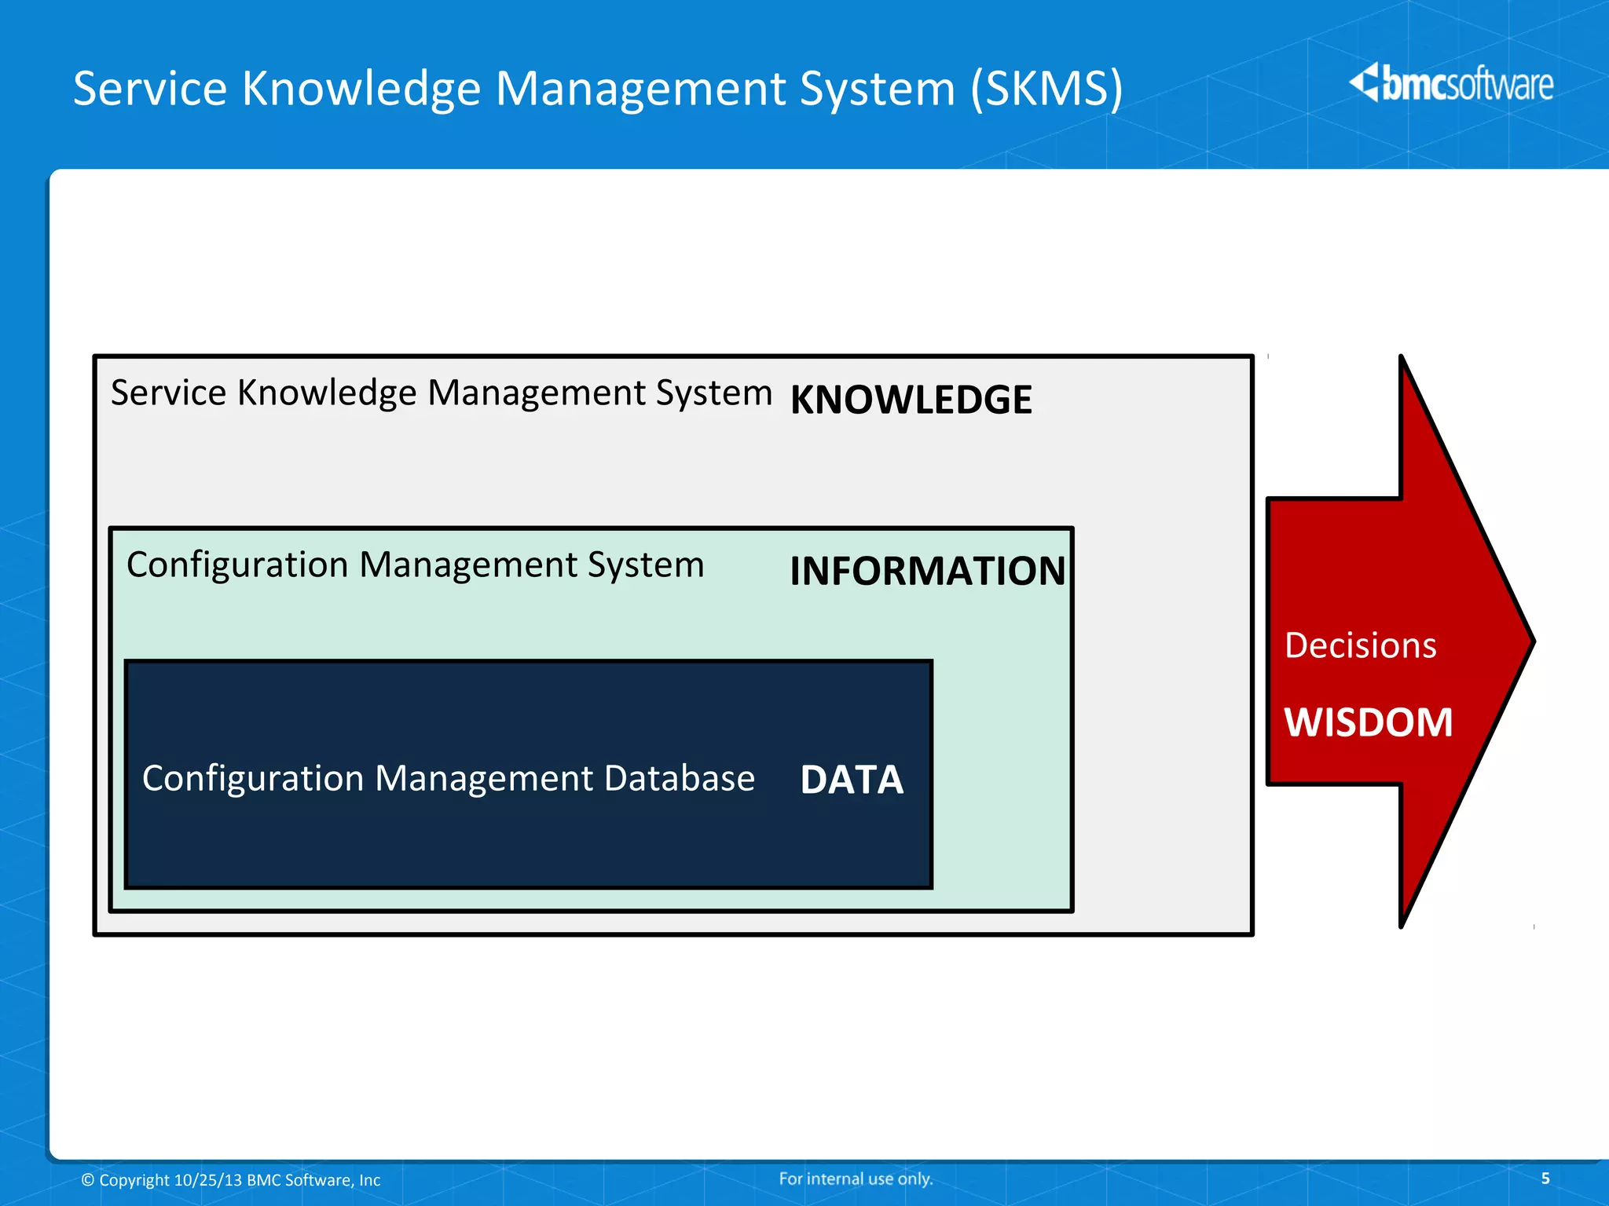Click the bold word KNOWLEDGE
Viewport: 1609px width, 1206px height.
(x=911, y=400)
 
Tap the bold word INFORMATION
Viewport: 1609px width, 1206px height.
(x=927, y=571)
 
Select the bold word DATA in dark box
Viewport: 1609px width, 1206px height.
(x=852, y=780)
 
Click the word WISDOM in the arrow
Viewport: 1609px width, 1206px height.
(x=1368, y=722)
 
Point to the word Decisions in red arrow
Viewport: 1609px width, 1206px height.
(x=1360, y=645)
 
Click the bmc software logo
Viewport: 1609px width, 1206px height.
(x=1451, y=83)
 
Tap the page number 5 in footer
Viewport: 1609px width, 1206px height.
(x=1545, y=1178)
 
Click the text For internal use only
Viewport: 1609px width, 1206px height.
(x=856, y=1179)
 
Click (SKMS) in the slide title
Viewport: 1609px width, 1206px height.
(x=1046, y=88)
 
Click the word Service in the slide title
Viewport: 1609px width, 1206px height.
(x=150, y=88)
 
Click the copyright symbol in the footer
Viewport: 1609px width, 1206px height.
(x=88, y=1180)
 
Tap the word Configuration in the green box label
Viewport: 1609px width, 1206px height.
(x=236, y=565)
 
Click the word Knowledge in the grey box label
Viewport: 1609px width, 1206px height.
(x=326, y=393)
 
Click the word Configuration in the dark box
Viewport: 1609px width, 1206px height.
(x=252, y=779)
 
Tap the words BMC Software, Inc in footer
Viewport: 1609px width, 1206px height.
(x=313, y=1180)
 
